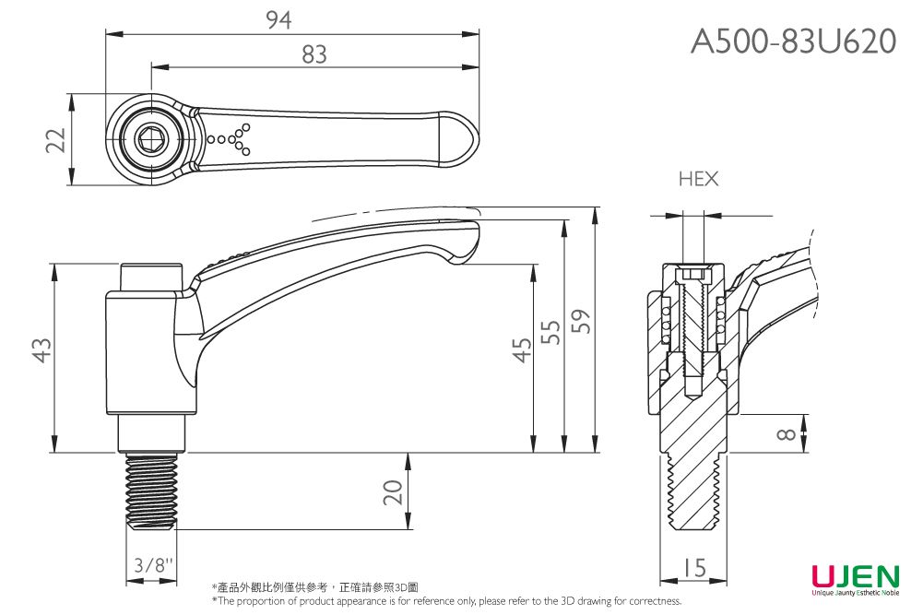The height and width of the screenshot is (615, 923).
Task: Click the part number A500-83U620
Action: coord(793,41)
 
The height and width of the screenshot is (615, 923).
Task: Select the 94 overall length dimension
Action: coord(279,19)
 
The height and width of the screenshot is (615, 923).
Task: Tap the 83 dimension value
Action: coord(314,54)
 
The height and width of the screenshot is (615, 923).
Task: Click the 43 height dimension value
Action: coord(41,350)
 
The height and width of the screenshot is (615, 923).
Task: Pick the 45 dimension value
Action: coord(522,351)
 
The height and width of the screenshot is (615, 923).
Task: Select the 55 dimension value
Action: coord(551,332)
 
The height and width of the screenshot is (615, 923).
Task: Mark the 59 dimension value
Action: coord(582,322)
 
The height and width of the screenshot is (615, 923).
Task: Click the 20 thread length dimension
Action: coord(395,492)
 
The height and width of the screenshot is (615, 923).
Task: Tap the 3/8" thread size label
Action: coord(151,565)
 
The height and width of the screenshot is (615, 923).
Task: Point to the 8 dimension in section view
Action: coord(786,434)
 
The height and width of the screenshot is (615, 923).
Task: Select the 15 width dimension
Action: coord(694,568)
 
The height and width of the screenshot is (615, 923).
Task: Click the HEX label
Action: coord(698,179)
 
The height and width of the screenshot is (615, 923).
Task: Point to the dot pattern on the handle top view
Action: coord(231,138)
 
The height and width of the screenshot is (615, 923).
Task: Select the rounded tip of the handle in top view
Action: coord(466,139)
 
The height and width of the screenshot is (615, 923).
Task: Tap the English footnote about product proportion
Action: coord(446,601)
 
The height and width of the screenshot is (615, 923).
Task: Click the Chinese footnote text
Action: coord(314,587)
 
